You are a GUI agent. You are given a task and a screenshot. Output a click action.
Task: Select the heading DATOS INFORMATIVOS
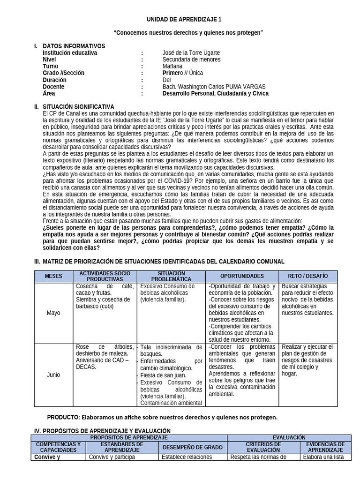point(74,46)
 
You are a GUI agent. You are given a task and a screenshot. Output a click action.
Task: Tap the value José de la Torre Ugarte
point(191,53)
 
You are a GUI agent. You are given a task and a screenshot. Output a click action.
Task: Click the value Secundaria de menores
point(191,60)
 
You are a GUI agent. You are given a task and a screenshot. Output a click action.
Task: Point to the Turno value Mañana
point(173,67)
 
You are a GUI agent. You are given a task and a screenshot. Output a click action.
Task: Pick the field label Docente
point(53,87)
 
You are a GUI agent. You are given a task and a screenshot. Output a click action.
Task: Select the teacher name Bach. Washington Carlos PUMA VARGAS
point(214,87)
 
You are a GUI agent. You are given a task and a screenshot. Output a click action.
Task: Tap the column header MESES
point(53,276)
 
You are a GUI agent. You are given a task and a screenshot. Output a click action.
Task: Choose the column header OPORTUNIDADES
point(242,276)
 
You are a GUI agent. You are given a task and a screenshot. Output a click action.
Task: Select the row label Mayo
point(53,313)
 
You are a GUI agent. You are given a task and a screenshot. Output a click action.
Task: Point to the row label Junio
point(53,375)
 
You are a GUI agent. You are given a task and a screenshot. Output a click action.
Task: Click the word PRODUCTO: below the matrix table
point(64,417)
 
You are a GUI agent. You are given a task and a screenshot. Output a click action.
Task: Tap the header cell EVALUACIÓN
point(288,437)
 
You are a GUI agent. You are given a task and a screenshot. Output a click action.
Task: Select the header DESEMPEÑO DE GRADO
point(192,447)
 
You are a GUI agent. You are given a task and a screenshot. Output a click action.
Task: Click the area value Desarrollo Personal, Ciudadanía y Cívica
point(216,93)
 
